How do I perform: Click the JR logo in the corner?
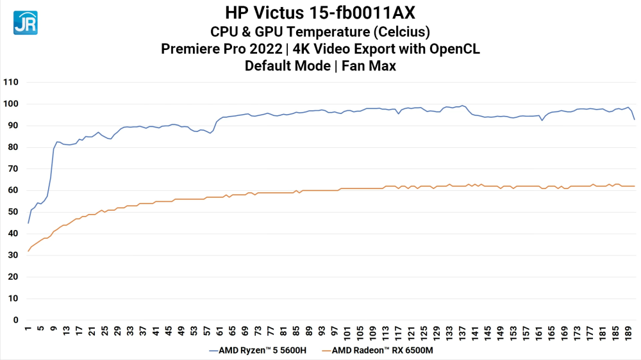click(x=25, y=22)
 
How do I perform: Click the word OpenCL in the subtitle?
click(x=454, y=49)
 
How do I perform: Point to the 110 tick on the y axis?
click(x=11, y=83)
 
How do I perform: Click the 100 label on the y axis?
click(x=11, y=104)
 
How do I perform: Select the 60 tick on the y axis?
click(x=13, y=191)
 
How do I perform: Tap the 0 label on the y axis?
click(x=15, y=320)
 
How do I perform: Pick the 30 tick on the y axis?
click(x=13, y=256)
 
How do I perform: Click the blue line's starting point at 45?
click(x=28, y=223)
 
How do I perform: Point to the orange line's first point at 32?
click(x=28, y=251)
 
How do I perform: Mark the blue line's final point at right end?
click(x=634, y=119)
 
